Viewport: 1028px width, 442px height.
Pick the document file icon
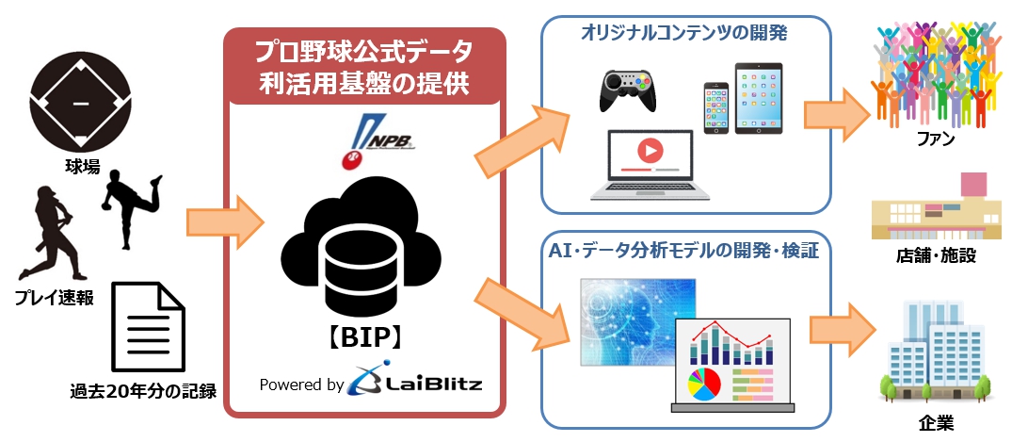point(148,326)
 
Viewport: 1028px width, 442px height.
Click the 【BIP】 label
point(364,337)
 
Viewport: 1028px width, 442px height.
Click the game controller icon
point(626,90)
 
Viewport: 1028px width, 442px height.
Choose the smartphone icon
point(715,107)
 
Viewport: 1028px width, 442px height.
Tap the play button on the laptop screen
point(649,151)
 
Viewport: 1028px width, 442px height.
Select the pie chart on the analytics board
point(705,385)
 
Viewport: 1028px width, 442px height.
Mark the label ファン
point(935,141)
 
